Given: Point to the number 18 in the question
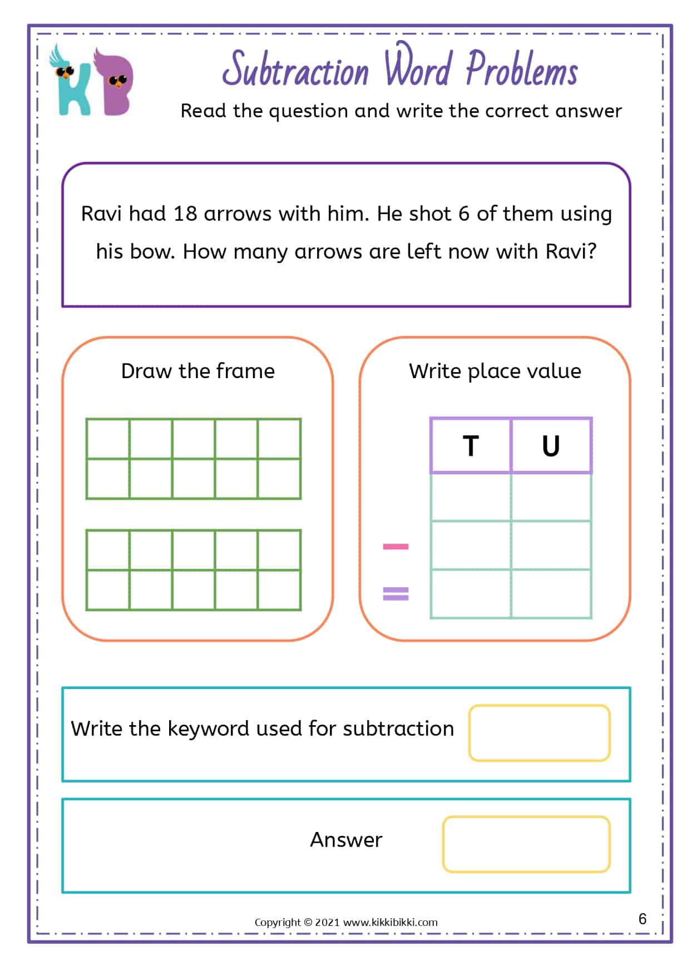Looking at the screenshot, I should coord(185,214).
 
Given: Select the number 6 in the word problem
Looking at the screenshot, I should coord(464,214).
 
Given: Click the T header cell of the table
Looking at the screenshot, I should coord(471,446).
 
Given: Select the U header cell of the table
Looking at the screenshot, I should coord(551,446).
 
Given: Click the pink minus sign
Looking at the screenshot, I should coord(396,547).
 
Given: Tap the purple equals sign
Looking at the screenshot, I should coord(396,594).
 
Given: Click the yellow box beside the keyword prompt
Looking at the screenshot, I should coord(539,733).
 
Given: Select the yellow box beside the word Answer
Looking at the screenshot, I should coord(526,844).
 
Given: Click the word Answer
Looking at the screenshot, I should coord(346,840).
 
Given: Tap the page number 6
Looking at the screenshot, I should coord(642,919).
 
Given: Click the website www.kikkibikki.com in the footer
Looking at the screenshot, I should coord(391,922).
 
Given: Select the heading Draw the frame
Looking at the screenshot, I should coord(198,371).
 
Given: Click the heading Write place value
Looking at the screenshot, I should coord(495,371).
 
